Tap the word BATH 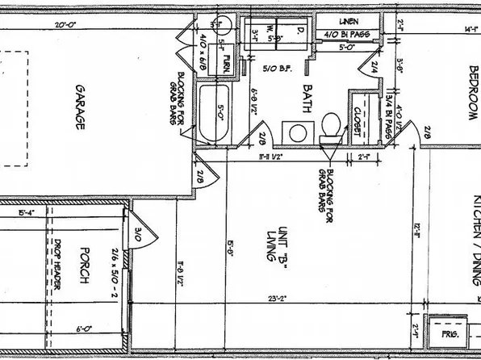307,94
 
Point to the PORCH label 82,270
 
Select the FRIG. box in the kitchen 447,333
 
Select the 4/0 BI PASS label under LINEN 347,35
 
